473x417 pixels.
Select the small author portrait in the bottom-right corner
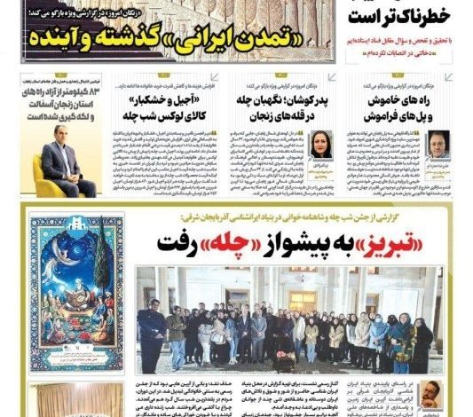click(430, 395)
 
